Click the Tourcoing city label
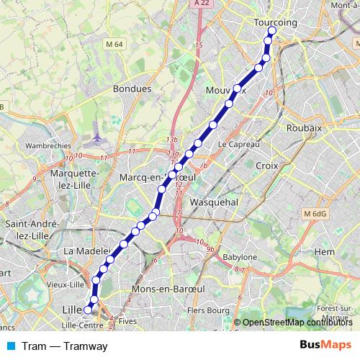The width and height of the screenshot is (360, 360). [276, 22]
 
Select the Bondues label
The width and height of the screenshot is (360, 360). [132, 89]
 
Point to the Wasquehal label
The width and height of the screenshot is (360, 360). [213, 203]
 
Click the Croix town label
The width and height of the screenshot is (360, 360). [266, 165]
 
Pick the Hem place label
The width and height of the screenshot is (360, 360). [325, 251]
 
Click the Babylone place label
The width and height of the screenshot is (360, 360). [238, 257]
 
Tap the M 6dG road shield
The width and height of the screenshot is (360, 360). [315, 214]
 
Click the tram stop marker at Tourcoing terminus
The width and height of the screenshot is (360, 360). [271, 31]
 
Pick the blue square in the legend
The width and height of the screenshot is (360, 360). [10, 346]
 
